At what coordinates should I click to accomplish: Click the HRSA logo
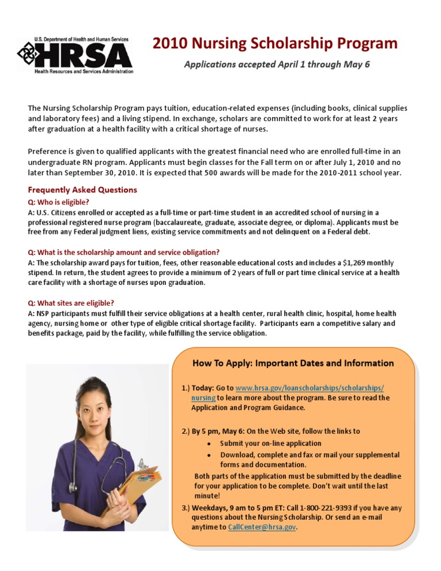(75, 56)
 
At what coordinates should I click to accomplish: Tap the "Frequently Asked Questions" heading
(83, 190)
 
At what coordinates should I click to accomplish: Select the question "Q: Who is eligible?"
(59, 202)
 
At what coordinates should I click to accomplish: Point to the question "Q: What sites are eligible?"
(71, 303)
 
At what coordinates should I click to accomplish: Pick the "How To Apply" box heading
(293, 363)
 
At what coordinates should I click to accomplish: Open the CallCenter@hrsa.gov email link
(262, 526)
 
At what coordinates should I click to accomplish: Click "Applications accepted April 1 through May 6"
(276, 64)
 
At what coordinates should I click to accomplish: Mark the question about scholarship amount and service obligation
(123, 252)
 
